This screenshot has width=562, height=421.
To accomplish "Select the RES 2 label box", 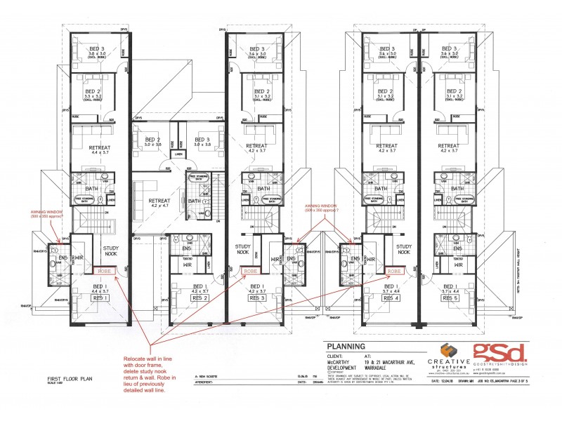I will [201, 298].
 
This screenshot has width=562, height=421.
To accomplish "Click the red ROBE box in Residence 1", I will [103, 270].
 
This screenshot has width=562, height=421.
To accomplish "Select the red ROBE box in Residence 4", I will [395, 270].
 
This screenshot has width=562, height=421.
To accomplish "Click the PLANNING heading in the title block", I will [345, 346].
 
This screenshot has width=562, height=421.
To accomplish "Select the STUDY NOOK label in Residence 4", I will [404, 249].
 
